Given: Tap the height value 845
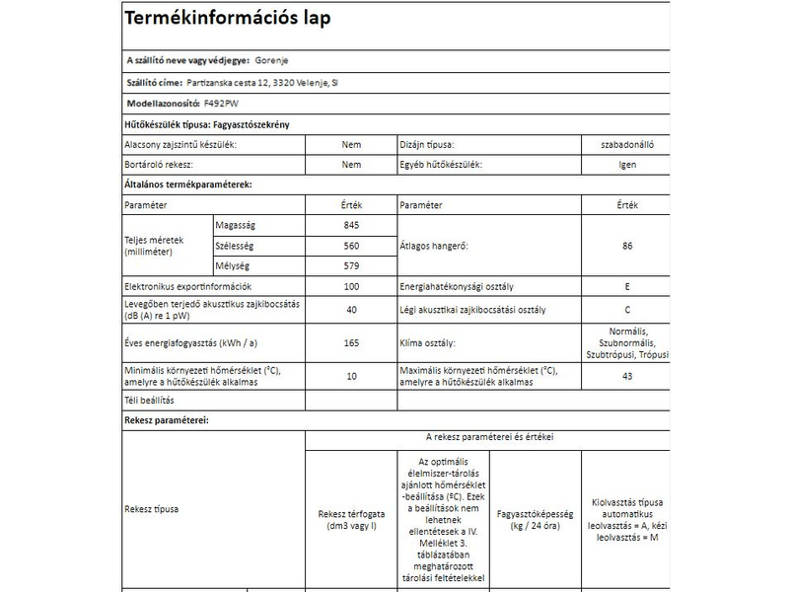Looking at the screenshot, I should [x=352, y=225].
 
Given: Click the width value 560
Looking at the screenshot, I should [x=352, y=246].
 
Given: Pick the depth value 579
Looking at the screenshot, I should [x=352, y=265].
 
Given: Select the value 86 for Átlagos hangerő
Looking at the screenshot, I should [x=627, y=246].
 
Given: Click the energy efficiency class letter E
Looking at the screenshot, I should [x=627, y=287].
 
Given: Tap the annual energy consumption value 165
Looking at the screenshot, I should [x=352, y=342].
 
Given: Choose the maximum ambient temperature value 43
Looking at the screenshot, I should [x=627, y=376].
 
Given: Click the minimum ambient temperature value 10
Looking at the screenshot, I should [x=352, y=376].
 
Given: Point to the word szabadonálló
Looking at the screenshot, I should [x=627, y=144].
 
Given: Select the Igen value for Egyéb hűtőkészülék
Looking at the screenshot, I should [x=627, y=164].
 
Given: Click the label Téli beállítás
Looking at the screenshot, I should [x=149, y=401].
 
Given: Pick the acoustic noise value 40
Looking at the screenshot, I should [x=352, y=309].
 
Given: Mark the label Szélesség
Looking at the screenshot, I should [x=236, y=246].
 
